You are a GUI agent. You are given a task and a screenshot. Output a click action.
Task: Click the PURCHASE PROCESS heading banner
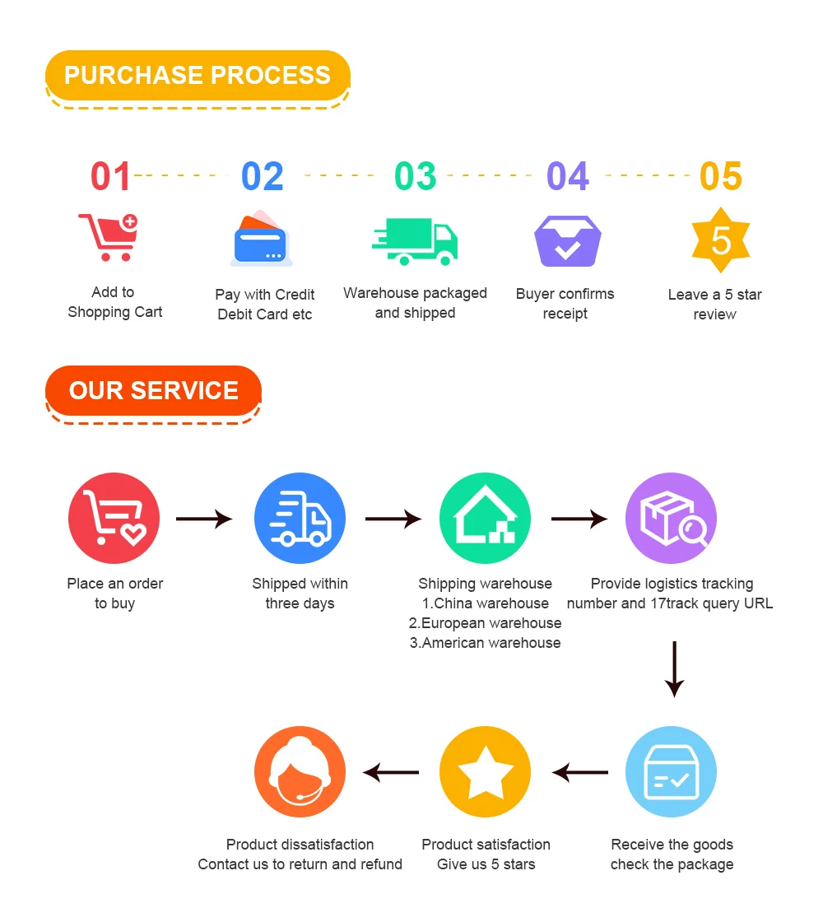(198, 76)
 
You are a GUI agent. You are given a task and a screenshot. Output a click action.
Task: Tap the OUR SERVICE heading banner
(154, 390)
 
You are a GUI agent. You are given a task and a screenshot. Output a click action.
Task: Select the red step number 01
(110, 177)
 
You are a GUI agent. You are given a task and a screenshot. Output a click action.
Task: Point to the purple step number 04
(568, 177)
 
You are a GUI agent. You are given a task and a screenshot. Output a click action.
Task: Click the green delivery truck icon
(414, 241)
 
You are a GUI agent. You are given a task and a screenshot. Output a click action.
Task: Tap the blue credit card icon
(262, 240)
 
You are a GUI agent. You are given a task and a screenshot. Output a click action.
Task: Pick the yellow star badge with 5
(720, 240)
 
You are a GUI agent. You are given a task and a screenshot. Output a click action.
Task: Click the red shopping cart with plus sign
(109, 236)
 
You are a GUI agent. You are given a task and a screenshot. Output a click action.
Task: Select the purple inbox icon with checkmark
(567, 241)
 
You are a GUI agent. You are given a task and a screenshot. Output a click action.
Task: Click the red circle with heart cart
(114, 519)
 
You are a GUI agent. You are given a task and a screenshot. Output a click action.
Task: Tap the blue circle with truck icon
(300, 519)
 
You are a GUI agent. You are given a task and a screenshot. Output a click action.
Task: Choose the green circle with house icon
(485, 519)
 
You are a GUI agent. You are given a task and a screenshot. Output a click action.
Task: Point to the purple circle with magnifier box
(671, 519)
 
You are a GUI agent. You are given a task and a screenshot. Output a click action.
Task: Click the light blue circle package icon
(671, 772)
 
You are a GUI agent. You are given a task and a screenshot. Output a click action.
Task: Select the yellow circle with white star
(485, 772)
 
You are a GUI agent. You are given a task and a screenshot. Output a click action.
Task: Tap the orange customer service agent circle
(300, 772)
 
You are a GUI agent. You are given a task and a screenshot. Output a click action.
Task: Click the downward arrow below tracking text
(674, 668)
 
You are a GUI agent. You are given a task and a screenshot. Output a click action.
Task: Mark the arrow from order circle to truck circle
(204, 519)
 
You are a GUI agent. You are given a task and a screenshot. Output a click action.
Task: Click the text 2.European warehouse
(485, 623)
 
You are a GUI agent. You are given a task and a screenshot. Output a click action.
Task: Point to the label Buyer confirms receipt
(565, 304)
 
